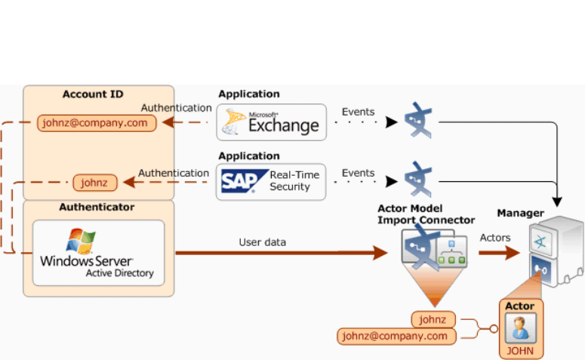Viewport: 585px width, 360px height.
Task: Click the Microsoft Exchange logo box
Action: click(x=272, y=122)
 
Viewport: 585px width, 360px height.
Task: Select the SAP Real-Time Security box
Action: click(x=271, y=181)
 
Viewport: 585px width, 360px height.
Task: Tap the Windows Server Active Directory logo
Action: click(x=99, y=253)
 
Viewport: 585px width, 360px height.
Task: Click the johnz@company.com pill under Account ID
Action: click(x=97, y=123)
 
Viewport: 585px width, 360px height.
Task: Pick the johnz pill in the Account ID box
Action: click(x=95, y=182)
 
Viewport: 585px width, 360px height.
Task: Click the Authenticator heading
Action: click(x=97, y=207)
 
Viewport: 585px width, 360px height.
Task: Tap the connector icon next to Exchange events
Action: click(x=417, y=121)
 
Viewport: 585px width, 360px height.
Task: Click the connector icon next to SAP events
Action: click(x=417, y=180)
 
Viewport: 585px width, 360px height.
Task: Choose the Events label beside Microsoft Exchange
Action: click(x=358, y=112)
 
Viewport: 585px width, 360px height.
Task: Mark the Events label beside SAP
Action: click(x=358, y=173)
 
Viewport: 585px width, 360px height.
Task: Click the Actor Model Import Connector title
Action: click(x=426, y=214)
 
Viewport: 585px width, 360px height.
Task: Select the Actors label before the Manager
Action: click(x=495, y=238)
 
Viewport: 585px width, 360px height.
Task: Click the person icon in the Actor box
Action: click(x=520, y=328)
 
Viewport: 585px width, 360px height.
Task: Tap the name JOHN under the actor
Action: click(x=520, y=351)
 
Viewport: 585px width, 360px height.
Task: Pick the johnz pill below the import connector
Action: click(x=434, y=319)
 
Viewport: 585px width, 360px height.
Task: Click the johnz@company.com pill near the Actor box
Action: click(x=397, y=336)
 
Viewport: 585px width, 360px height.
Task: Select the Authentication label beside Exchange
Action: click(x=176, y=108)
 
